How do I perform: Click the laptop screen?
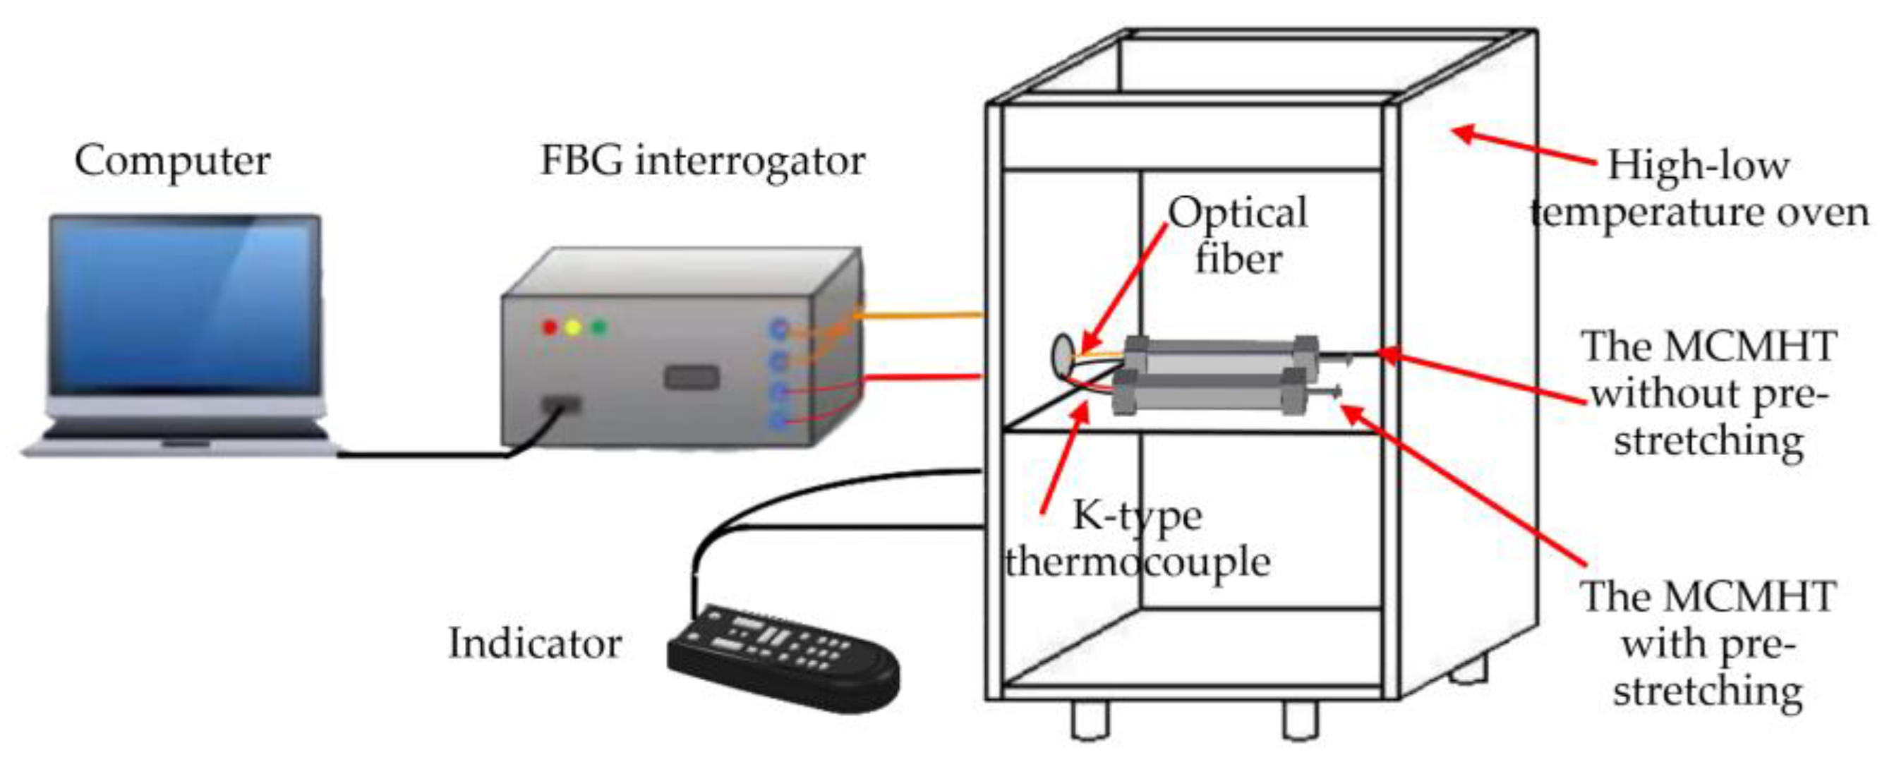click(x=183, y=306)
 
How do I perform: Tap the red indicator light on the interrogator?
click(x=549, y=327)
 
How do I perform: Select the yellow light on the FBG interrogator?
click(x=574, y=327)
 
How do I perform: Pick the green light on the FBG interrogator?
click(x=599, y=327)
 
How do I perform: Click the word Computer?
click(x=172, y=161)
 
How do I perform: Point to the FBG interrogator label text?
click(x=702, y=161)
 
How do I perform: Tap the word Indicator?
click(x=534, y=644)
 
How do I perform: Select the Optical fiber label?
click(x=1238, y=235)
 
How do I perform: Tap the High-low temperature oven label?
click(x=1699, y=189)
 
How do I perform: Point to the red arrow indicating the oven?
click(x=1522, y=147)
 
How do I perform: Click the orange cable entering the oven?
click(x=919, y=315)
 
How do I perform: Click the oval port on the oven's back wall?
click(x=1063, y=354)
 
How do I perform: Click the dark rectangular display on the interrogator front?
click(x=691, y=378)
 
